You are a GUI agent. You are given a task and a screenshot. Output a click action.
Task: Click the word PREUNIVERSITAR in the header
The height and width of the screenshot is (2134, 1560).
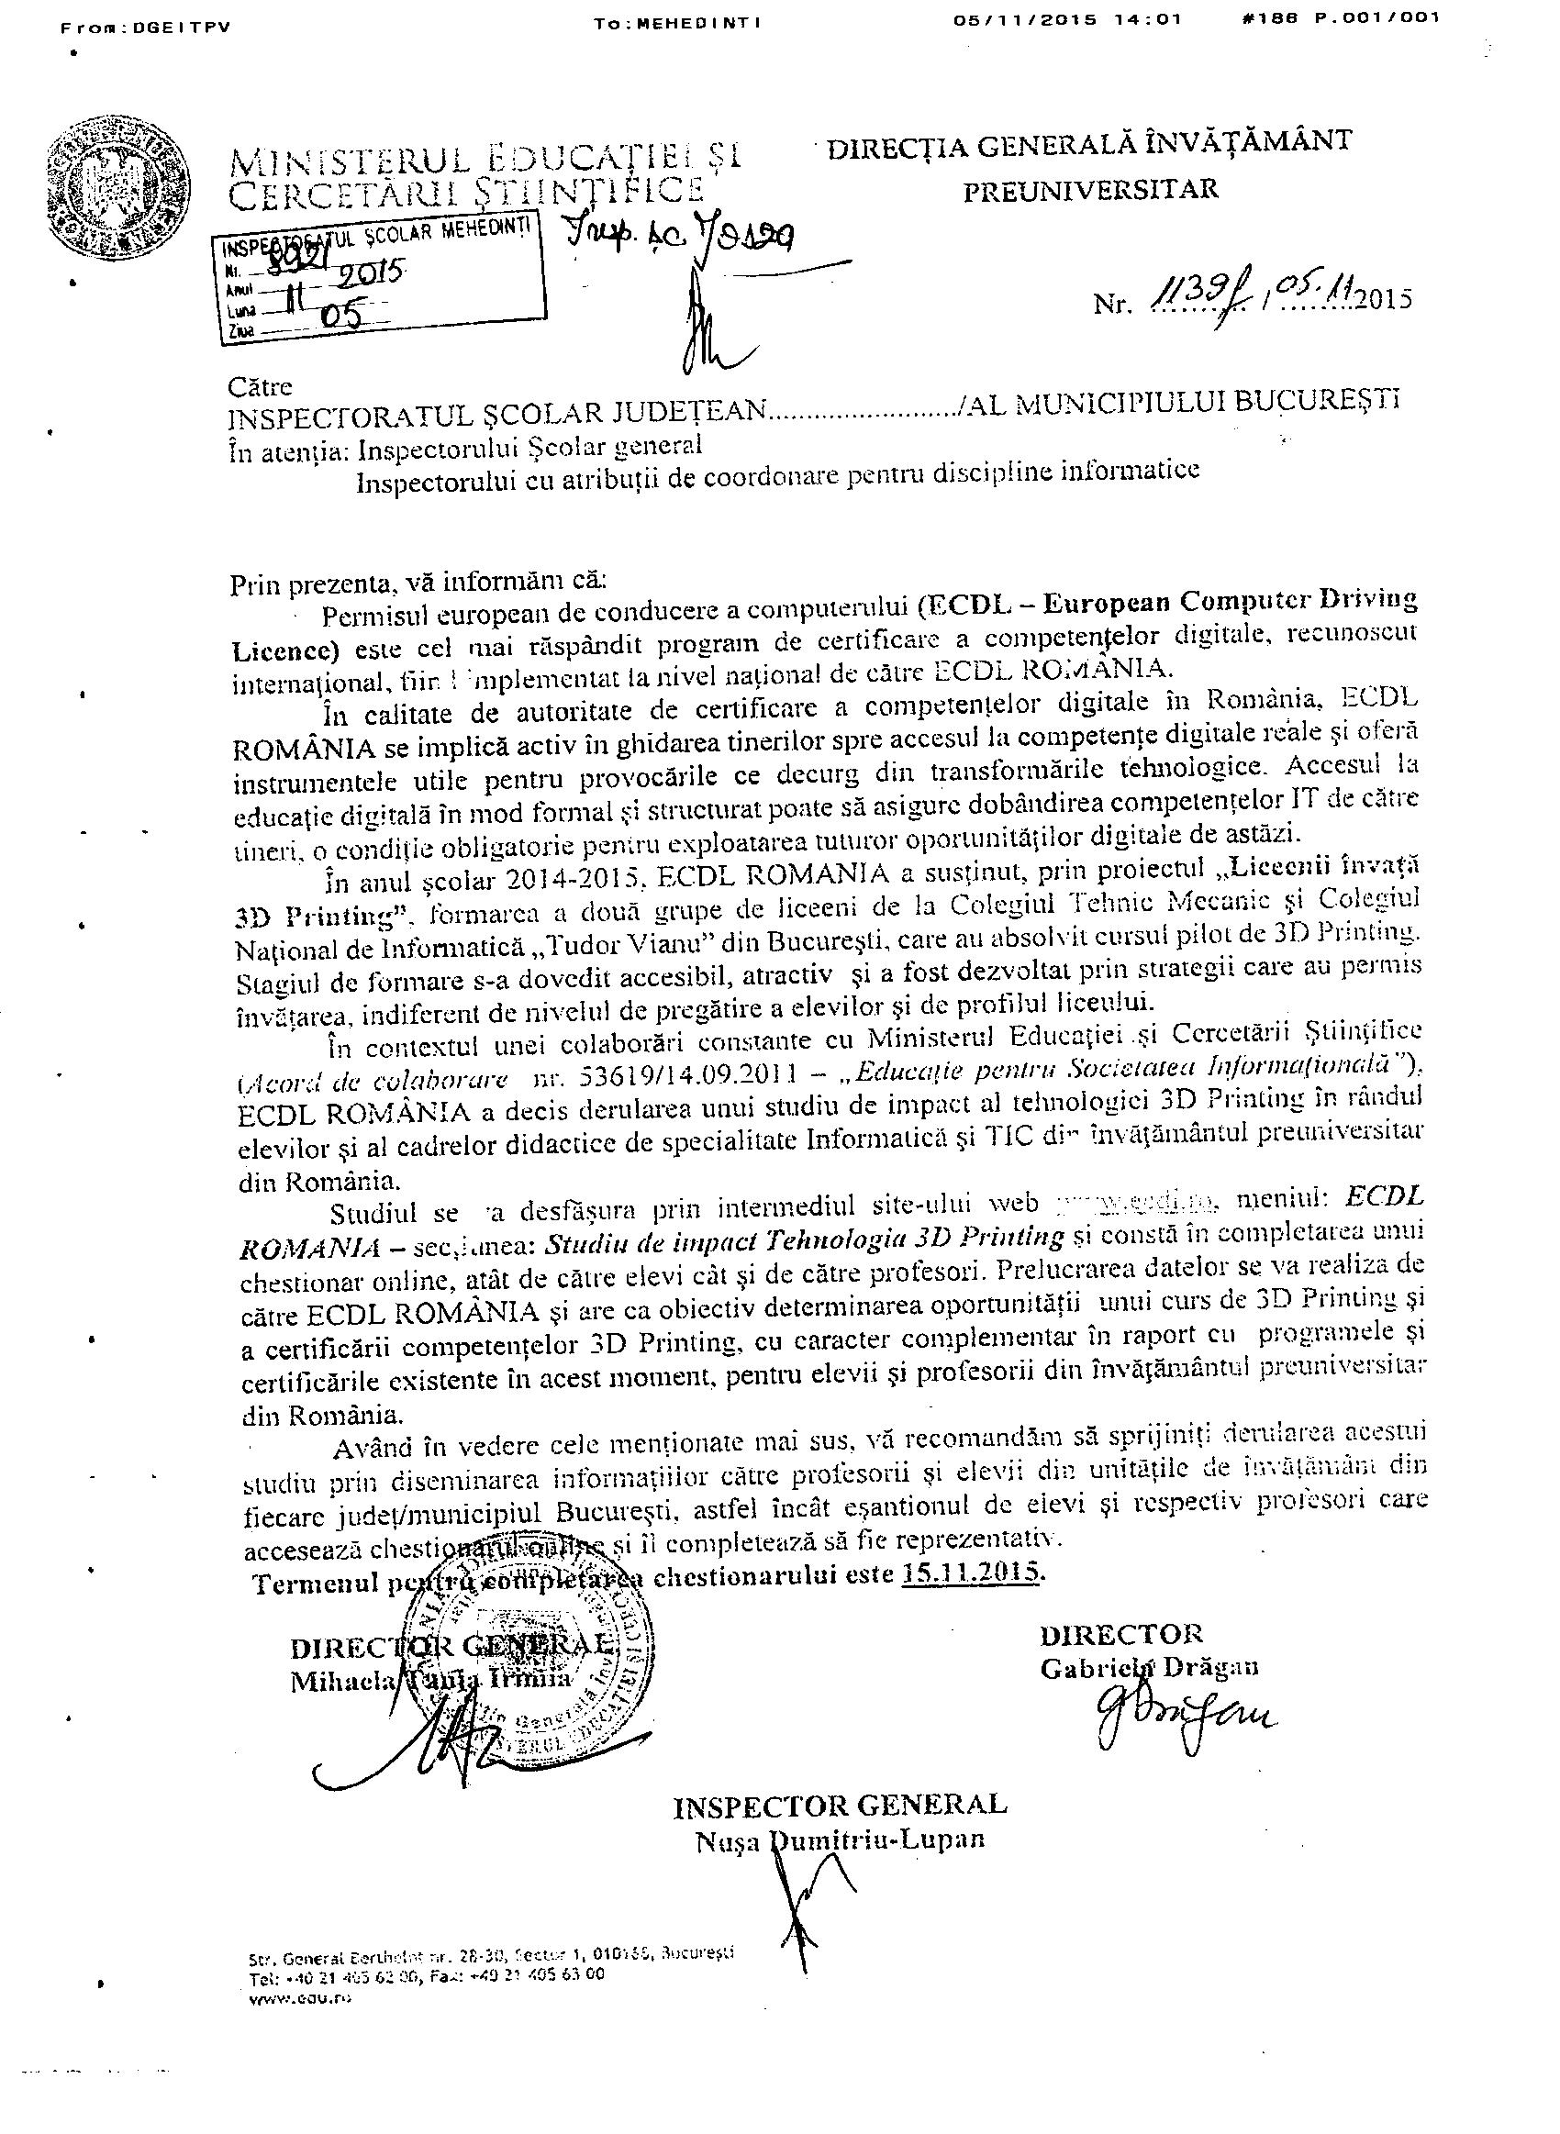[1090, 190]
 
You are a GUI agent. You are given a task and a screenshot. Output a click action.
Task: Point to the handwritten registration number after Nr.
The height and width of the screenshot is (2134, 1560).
[1191, 299]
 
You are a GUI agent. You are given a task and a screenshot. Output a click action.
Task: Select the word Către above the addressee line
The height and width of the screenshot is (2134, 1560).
[261, 386]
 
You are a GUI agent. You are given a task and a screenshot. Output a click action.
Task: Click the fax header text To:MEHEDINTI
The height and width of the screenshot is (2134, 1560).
[678, 24]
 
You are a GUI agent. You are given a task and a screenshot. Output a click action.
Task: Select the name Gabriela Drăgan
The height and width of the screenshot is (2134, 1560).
[1149, 1669]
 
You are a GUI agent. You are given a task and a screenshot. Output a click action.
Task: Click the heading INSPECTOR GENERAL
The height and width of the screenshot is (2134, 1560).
[840, 1806]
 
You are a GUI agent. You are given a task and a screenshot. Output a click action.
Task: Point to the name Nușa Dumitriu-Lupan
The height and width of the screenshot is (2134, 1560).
[840, 1840]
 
